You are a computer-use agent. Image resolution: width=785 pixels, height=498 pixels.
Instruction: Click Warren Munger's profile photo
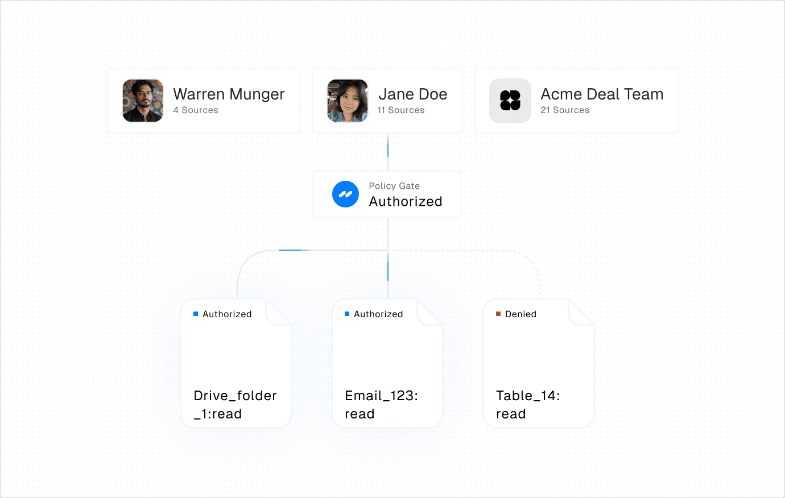pyautogui.click(x=143, y=101)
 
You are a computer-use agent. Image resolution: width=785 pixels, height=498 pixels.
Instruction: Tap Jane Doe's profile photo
pyautogui.click(x=348, y=101)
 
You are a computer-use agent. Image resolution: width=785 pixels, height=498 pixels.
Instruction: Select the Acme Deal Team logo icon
pyautogui.click(x=510, y=101)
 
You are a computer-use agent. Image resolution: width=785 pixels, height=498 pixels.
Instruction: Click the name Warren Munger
pyautogui.click(x=229, y=94)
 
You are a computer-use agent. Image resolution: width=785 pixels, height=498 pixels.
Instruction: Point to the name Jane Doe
pyautogui.click(x=413, y=94)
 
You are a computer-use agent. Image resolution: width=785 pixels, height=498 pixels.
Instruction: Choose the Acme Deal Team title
pyautogui.click(x=602, y=94)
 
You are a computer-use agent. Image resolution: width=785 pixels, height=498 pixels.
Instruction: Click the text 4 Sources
pyautogui.click(x=196, y=110)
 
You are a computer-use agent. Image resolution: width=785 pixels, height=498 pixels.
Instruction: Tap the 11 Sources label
pyautogui.click(x=401, y=110)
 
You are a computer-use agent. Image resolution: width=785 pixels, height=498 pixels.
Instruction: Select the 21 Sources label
pyautogui.click(x=565, y=110)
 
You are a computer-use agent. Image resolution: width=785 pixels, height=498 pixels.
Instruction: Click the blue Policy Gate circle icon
pyautogui.click(x=345, y=194)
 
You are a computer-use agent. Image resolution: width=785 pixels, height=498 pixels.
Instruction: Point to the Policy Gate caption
pyautogui.click(x=394, y=185)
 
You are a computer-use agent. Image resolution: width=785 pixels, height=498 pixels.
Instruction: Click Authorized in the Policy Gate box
pyautogui.click(x=406, y=201)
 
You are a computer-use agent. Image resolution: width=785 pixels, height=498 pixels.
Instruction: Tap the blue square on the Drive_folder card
pyautogui.click(x=196, y=314)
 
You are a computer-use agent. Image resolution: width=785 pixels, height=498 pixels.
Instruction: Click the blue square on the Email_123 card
pyautogui.click(x=347, y=314)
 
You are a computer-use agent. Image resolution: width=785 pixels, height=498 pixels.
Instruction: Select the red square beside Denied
pyautogui.click(x=498, y=314)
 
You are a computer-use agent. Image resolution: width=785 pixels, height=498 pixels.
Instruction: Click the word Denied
pyautogui.click(x=520, y=314)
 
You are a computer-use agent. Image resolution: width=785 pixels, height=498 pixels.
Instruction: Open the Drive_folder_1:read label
pyautogui.click(x=235, y=405)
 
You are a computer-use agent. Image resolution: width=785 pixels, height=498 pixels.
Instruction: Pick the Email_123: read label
pyautogui.click(x=381, y=405)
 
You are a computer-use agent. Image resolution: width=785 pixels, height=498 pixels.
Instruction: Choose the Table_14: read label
pyautogui.click(x=528, y=405)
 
